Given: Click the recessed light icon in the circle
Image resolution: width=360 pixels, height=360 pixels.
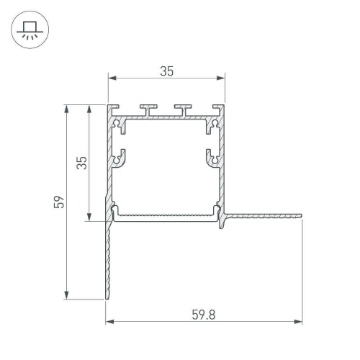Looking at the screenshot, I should [x=30, y=30].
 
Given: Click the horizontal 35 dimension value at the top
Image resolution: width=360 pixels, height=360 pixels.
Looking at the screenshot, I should [x=166, y=71].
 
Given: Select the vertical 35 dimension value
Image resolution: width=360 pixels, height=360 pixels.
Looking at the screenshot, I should [x=81, y=163].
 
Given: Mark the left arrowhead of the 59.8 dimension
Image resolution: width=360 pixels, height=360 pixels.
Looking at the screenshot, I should [x=110, y=321].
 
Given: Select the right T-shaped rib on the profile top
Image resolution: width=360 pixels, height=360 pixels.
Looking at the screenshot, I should [x=183, y=109].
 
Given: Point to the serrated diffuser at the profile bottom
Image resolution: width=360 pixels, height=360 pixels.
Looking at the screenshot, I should [x=166, y=216].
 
